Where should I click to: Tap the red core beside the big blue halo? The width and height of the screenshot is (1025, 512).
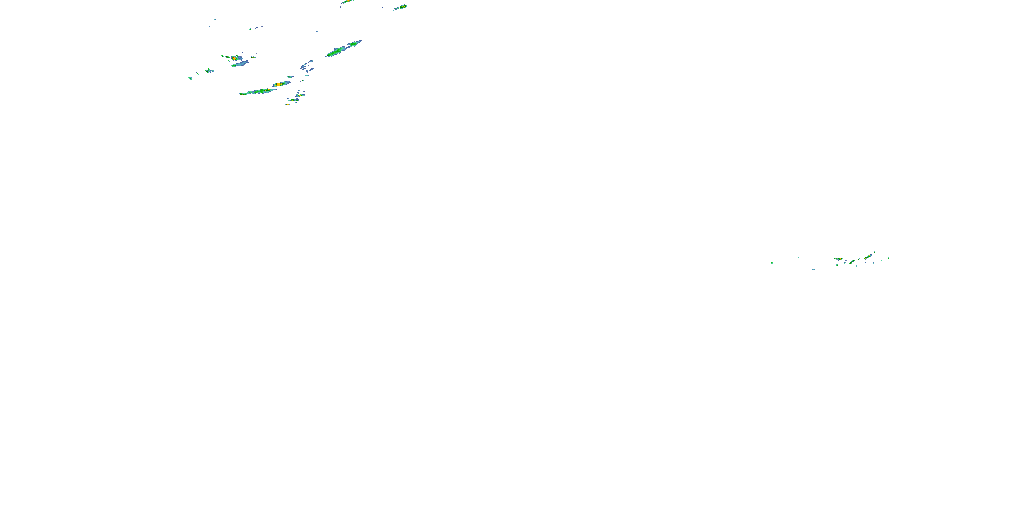pyautogui.click(x=234, y=58)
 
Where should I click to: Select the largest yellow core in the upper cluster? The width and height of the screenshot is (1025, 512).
pyautogui.click(x=278, y=84)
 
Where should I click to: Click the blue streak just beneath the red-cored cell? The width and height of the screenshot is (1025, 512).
pyautogui.click(x=240, y=63)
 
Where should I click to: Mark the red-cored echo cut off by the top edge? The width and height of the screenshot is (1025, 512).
pyautogui.click(x=348, y=1)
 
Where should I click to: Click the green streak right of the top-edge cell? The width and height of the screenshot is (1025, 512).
pyautogui.click(x=401, y=7)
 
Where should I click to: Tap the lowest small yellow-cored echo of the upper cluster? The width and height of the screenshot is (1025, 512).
pyautogui.click(x=288, y=104)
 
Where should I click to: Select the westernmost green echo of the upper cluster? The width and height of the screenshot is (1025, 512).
pyautogui.click(x=190, y=78)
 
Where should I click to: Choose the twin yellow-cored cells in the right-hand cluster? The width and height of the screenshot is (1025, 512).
pyautogui.click(x=851, y=262)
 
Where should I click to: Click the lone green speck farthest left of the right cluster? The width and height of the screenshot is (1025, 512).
pyautogui.click(x=772, y=262)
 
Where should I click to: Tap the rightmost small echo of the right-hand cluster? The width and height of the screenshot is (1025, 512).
pyautogui.click(x=889, y=258)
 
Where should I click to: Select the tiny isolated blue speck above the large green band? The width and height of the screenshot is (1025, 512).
pyautogui.click(x=317, y=31)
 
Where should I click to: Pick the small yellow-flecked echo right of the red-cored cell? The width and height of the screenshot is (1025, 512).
pyautogui.click(x=253, y=57)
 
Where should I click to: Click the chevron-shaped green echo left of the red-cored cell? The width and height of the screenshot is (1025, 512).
pyautogui.click(x=208, y=70)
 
